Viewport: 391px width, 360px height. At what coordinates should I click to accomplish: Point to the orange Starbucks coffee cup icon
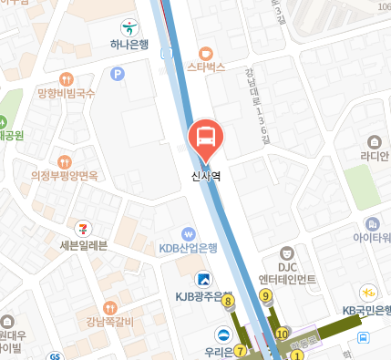tap(206, 52)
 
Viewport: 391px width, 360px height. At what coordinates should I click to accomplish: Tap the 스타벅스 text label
tap(206, 67)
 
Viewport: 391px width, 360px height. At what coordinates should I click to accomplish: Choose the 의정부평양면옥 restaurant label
tap(64, 175)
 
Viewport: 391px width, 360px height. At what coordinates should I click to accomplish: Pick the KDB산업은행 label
tap(189, 248)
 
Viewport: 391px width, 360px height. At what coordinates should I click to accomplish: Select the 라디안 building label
tap(374, 156)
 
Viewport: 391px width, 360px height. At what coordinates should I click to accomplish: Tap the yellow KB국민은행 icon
tap(369, 293)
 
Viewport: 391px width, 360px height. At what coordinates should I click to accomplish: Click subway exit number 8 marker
tap(227, 301)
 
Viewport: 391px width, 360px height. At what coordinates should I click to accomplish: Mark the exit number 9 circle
tap(266, 295)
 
